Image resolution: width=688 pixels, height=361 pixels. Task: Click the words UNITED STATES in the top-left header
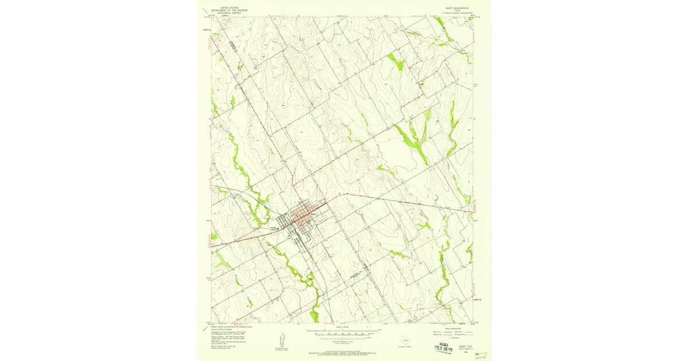[225, 6]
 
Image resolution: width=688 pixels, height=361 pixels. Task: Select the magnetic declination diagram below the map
[281, 339]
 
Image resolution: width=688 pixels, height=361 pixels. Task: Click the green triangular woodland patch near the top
[396, 60]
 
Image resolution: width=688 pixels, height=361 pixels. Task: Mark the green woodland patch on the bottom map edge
[314, 315]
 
